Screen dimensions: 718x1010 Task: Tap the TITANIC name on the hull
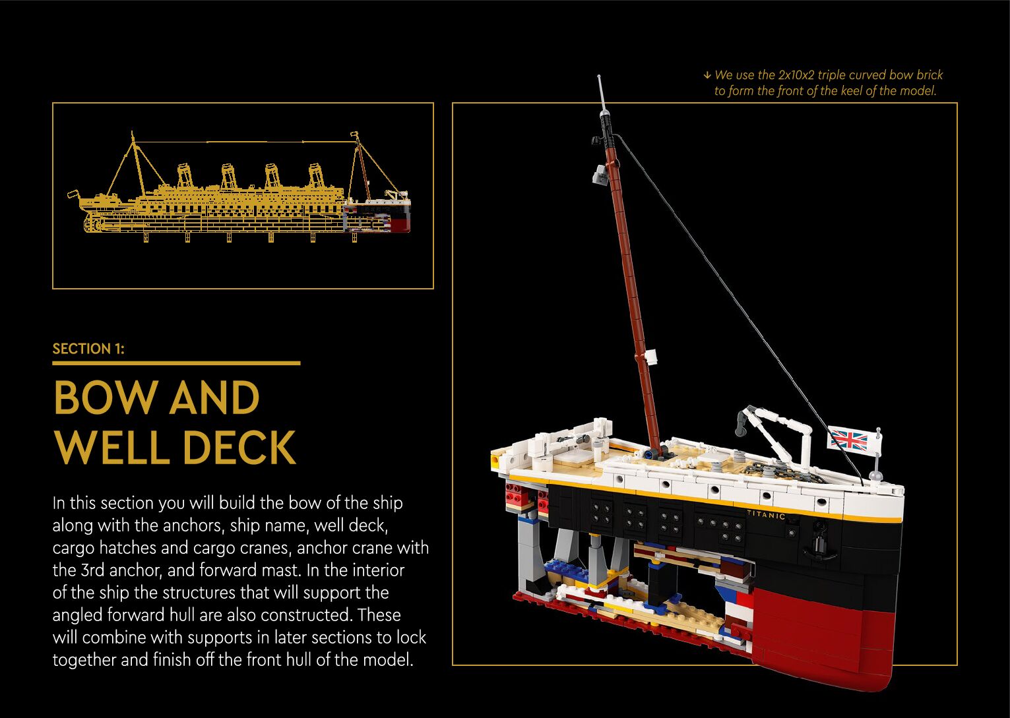tap(766, 514)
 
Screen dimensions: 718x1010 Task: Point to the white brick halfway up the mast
tap(652, 356)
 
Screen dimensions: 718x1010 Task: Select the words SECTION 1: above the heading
tap(88, 349)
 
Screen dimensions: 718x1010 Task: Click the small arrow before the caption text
tap(707, 75)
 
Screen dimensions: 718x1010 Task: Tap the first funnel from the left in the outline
tap(185, 177)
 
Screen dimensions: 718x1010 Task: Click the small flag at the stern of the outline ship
tap(73, 195)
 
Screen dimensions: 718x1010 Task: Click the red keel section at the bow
tap(825, 633)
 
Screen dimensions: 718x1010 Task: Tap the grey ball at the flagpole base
tap(875, 475)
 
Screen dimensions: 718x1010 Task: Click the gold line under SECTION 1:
tap(176, 363)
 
